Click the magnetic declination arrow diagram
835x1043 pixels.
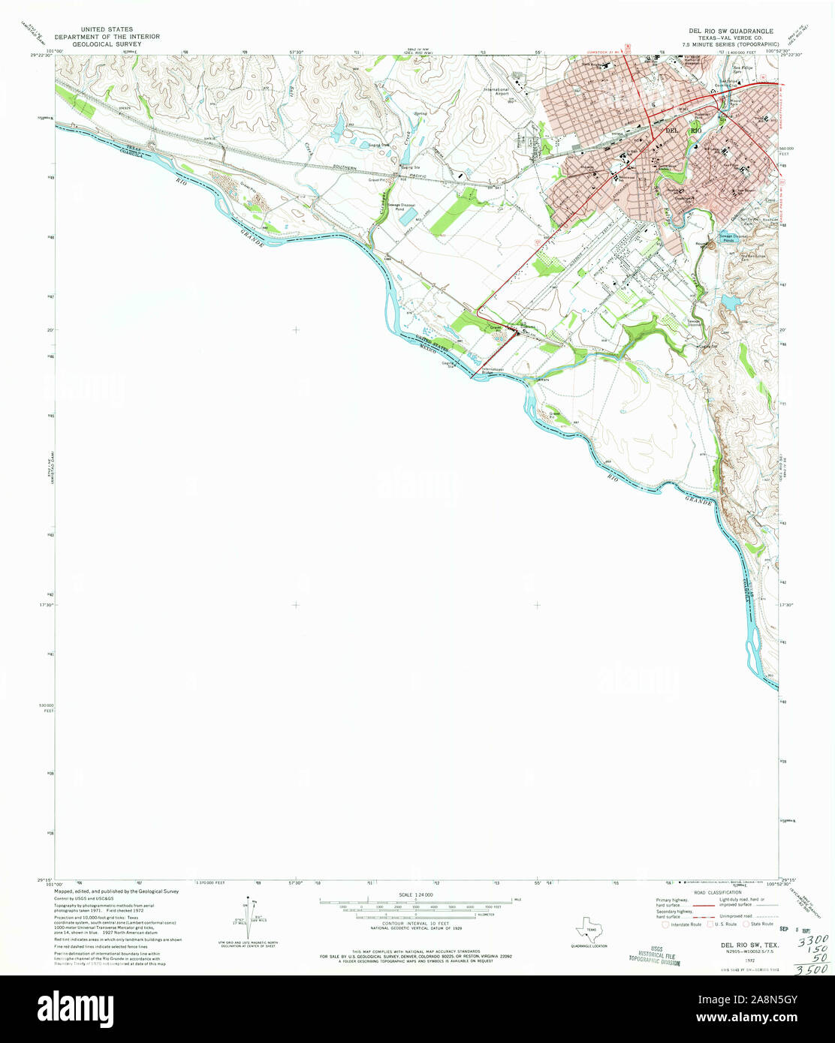click(x=249, y=917)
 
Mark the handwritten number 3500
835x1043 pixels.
click(x=812, y=969)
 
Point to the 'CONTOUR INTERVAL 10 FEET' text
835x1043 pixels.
click(x=415, y=924)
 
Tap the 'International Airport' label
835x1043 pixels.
click(x=496, y=92)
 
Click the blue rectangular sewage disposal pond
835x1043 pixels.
click(x=411, y=218)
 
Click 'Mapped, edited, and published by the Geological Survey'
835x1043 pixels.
click(x=116, y=891)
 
